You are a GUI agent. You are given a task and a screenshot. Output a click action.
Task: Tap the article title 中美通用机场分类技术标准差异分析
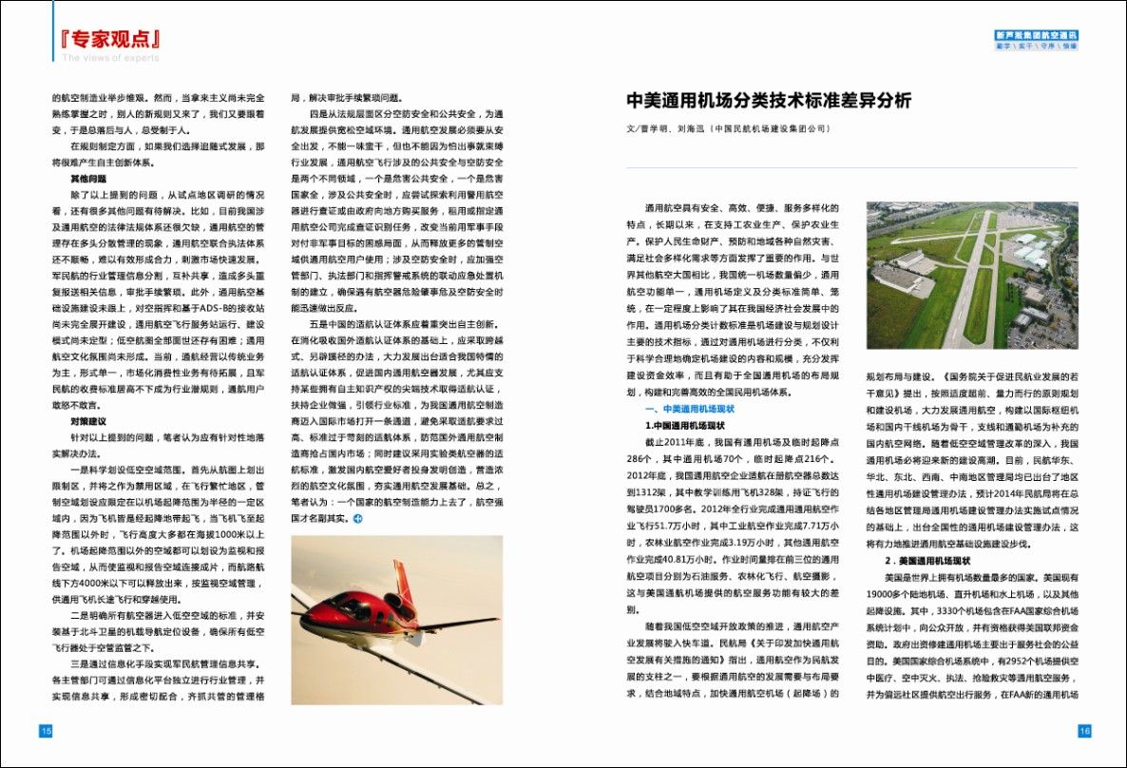click(768, 101)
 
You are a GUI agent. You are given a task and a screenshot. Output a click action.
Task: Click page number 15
click(45, 731)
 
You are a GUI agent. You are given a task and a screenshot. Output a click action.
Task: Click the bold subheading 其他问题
click(88, 179)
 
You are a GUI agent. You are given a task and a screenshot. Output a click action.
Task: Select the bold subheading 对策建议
click(88, 420)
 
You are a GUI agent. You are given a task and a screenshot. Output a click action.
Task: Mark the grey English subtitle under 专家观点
click(111, 58)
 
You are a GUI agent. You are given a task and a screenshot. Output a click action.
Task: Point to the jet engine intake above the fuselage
click(394, 603)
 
